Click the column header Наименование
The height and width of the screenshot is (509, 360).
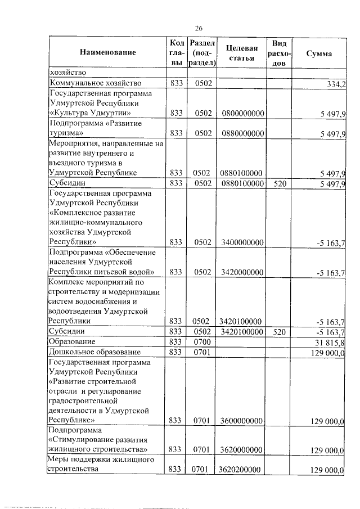108,53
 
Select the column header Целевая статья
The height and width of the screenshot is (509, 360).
242,53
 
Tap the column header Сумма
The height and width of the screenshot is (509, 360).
318,53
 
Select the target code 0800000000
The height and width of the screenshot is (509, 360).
243,114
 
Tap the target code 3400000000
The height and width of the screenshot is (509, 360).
243,242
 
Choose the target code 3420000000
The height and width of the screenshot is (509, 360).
243,272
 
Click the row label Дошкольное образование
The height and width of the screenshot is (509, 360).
94,352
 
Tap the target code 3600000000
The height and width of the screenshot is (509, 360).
243,420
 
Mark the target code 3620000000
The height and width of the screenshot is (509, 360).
243,449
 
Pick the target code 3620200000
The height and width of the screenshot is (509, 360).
243,469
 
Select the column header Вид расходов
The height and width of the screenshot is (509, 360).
280,53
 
